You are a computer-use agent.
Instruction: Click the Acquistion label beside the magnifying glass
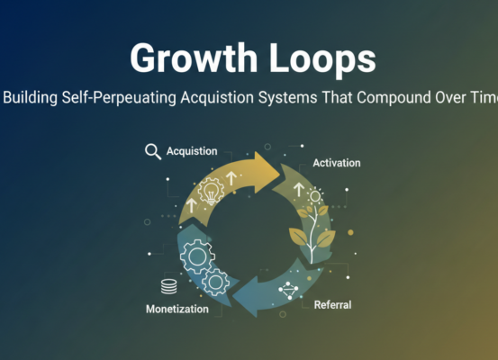click(192, 151)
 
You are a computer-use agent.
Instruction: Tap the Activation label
click(336, 163)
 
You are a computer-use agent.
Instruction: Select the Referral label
click(332, 305)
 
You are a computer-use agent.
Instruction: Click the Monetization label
click(177, 309)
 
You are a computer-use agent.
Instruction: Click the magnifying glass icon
click(153, 151)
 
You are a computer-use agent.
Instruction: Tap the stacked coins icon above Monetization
click(168, 287)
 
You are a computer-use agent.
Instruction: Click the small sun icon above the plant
click(314, 195)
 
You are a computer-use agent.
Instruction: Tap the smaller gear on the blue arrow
click(216, 282)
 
